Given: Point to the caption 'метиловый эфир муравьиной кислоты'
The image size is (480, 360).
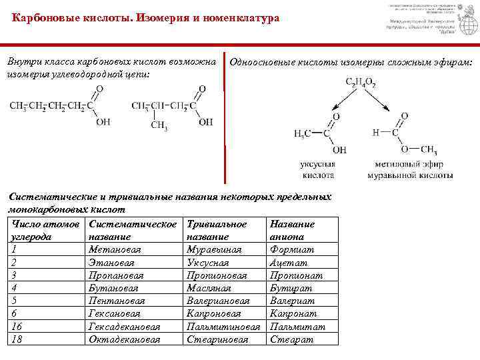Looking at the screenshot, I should (x=410, y=169).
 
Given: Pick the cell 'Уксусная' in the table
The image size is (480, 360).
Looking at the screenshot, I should (x=209, y=262).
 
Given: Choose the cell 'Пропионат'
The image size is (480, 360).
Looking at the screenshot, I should (x=296, y=275).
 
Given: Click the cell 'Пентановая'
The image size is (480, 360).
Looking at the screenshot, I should (x=117, y=301).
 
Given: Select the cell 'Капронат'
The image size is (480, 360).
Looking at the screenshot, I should (x=294, y=313).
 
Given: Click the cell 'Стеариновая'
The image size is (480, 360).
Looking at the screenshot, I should (x=218, y=339).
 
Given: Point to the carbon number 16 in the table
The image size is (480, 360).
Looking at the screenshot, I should (x=18, y=327).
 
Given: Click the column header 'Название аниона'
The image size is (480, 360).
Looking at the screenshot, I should (x=292, y=230).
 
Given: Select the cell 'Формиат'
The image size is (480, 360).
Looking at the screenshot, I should (x=292, y=249).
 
